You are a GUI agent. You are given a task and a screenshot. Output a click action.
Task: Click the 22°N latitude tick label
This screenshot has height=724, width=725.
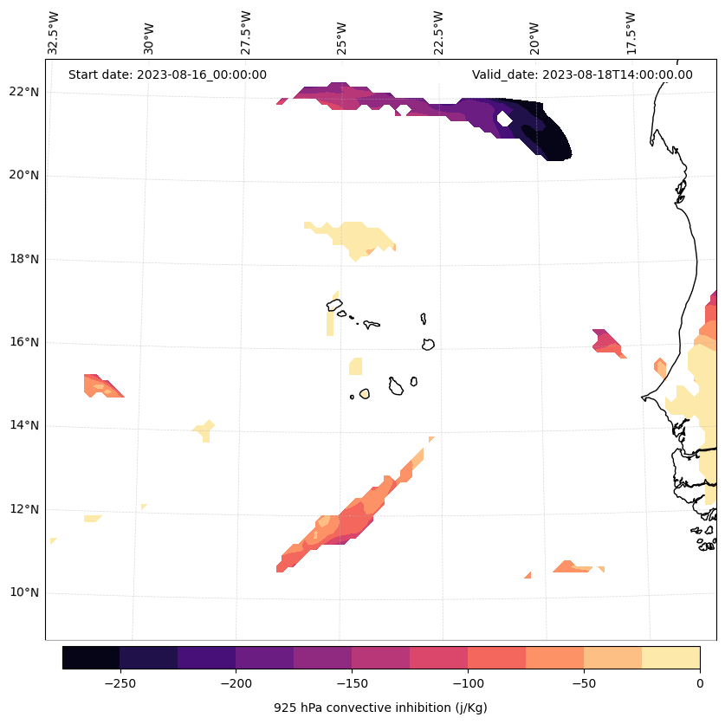pyautogui.click(x=24, y=92)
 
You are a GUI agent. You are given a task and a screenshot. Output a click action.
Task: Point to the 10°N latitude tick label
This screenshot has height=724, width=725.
pyautogui.click(x=24, y=593)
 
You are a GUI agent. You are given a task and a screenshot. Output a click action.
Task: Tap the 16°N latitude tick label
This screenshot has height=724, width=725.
pyautogui.click(x=24, y=342)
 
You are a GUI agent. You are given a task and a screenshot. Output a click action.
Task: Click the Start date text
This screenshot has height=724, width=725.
pyautogui.click(x=167, y=74)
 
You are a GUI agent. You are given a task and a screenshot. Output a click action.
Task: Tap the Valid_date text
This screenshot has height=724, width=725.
pyautogui.click(x=582, y=74)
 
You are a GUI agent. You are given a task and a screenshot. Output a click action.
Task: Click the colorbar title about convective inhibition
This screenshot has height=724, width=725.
pyautogui.click(x=380, y=708)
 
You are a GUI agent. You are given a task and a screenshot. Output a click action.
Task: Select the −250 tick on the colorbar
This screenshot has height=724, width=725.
pyautogui.click(x=120, y=682)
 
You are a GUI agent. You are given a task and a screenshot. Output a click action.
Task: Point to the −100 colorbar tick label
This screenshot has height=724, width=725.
pyautogui.click(x=468, y=682)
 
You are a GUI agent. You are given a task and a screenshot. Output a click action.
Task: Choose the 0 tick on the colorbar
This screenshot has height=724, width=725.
pyautogui.click(x=699, y=682)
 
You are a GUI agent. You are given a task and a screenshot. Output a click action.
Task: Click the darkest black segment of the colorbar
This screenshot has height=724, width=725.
pyautogui.click(x=91, y=657)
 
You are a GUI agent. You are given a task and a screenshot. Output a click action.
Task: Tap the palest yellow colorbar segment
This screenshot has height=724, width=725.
pyautogui.click(x=670, y=657)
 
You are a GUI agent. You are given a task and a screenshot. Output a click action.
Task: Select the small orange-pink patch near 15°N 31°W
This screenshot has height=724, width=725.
pyautogui.click(x=101, y=385)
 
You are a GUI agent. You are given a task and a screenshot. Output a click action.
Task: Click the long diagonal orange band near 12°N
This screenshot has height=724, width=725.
pyautogui.click(x=346, y=520)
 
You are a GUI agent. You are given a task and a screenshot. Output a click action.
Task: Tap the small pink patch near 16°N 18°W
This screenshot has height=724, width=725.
pyautogui.click(x=605, y=341)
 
